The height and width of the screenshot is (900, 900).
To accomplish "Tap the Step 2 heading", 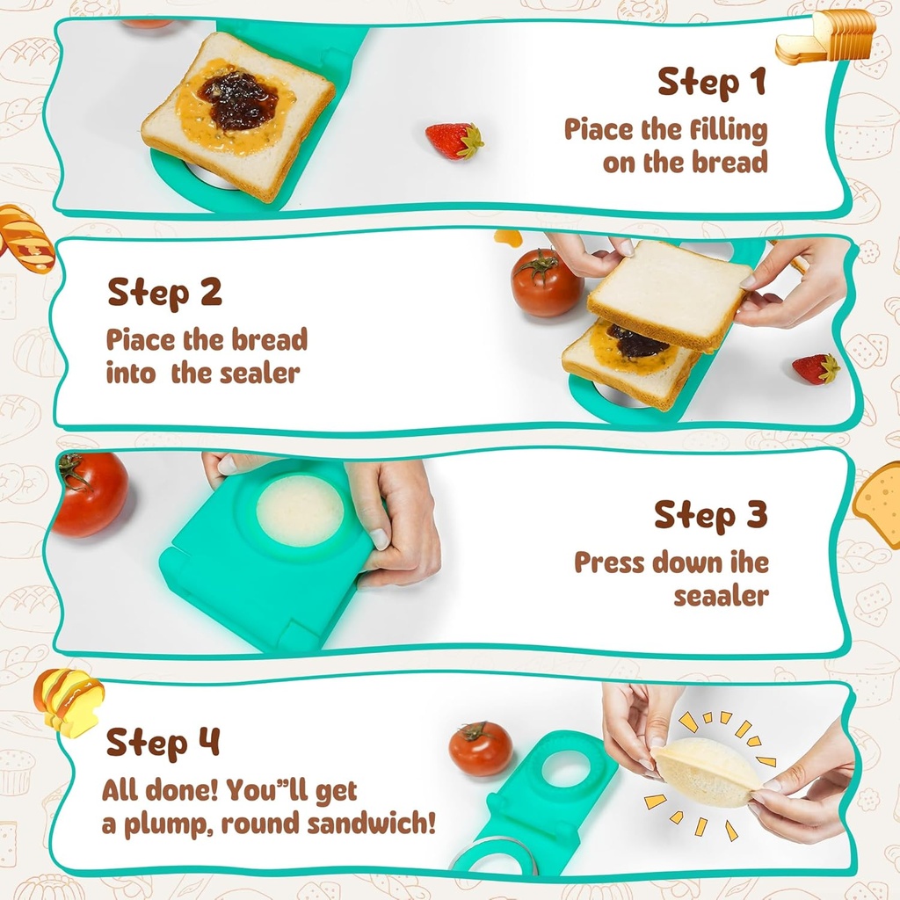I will (164, 292).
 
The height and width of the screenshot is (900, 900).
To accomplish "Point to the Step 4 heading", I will (163, 743).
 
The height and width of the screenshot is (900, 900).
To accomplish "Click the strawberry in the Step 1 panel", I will (454, 141).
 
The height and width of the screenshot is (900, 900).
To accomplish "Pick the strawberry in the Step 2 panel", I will (816, 368).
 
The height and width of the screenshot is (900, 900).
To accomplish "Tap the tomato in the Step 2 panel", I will (546, 282).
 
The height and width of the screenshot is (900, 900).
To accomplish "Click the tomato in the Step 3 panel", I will (90, 494).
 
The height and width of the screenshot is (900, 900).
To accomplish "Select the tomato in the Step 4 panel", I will (481, 748).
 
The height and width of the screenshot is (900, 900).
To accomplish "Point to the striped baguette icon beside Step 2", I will (25, 238).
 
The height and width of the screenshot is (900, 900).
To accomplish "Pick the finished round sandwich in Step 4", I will (706, 772).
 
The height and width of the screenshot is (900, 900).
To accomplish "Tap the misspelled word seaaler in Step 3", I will (721, 595).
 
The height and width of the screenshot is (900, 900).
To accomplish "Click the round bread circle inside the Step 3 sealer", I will (300, 511).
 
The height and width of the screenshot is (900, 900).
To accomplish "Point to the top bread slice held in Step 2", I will (670, 294).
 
